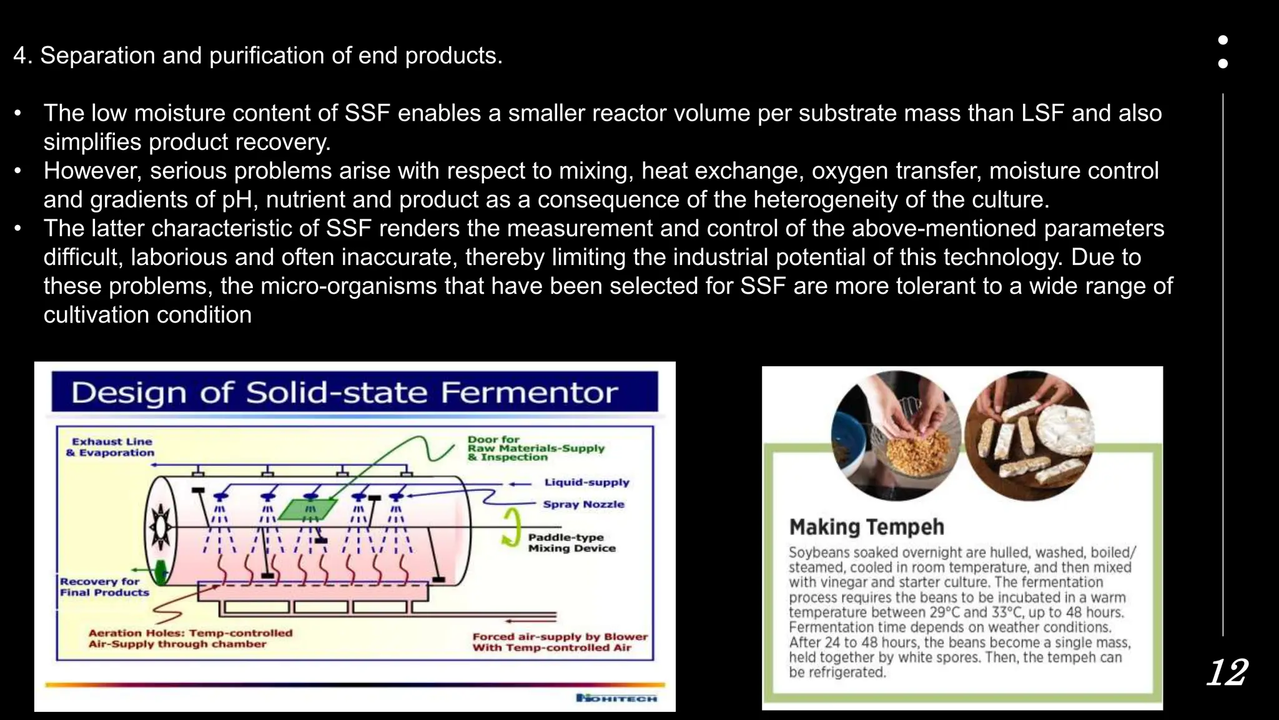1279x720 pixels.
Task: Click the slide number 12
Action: [x=1227, y=673]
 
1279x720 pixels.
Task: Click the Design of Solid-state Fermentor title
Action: [x=345, y=393]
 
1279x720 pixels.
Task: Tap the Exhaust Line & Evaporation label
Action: [x=111, y=447]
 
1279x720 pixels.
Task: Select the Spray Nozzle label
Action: [x=583, y=504]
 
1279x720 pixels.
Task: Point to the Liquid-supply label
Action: [x=586, y=482]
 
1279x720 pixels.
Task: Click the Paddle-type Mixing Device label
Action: [x=571, y=542]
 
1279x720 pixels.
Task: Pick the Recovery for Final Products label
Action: [x=104, y=587]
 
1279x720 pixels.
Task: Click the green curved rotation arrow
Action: [x=511, y=527]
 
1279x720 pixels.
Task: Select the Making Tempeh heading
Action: [x=866, y=527]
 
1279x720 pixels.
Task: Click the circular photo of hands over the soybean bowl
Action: [x=896, y=436]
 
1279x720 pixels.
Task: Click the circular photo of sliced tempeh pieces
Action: [x=1029, y=436]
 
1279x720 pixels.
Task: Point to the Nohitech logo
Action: [x=616, y=698]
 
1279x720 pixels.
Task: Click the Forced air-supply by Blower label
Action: [x=560, y=642]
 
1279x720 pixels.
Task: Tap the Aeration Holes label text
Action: [x=190, y=638]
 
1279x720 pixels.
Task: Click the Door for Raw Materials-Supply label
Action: [x=535, y=448]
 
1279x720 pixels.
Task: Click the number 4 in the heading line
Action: [x=20, y=56]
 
